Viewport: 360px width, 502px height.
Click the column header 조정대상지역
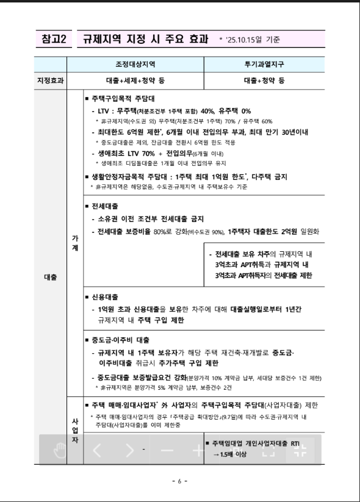[135, 64]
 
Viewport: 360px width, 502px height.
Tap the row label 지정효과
[51, 80]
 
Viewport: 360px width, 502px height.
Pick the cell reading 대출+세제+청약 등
[135, 80]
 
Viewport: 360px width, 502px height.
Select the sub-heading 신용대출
[105, 297]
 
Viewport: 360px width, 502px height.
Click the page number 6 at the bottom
[179, 481]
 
